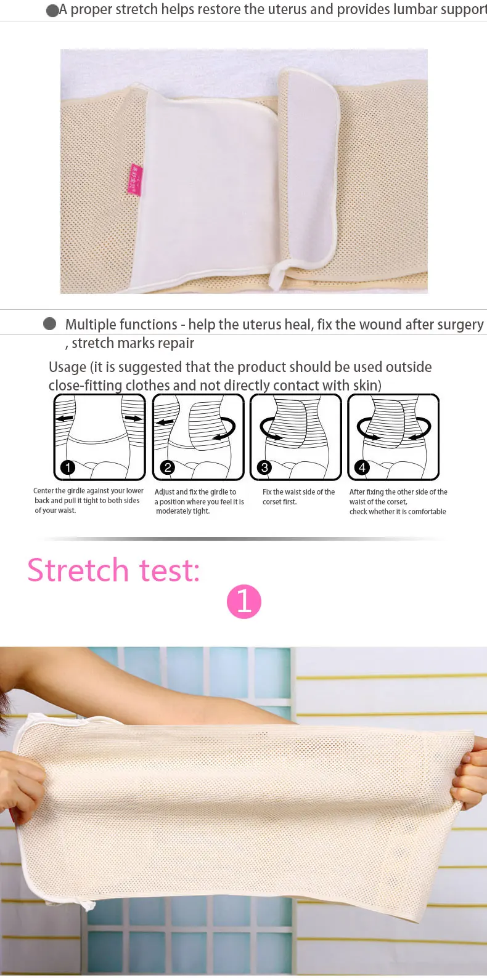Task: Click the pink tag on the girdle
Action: click(135, 179)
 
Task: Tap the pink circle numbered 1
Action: click(244, 601)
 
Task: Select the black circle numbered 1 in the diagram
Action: click(67, 467)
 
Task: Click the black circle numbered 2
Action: click(168, 467)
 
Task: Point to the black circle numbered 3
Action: click(264, 467)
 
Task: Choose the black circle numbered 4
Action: click(362, 467)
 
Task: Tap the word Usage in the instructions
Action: click(67, 368)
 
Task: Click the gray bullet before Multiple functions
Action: click(50, 323)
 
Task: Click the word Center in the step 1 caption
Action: click(43, 491)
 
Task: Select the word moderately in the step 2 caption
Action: click(172, 511)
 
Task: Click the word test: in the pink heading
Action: click(169, 571)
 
